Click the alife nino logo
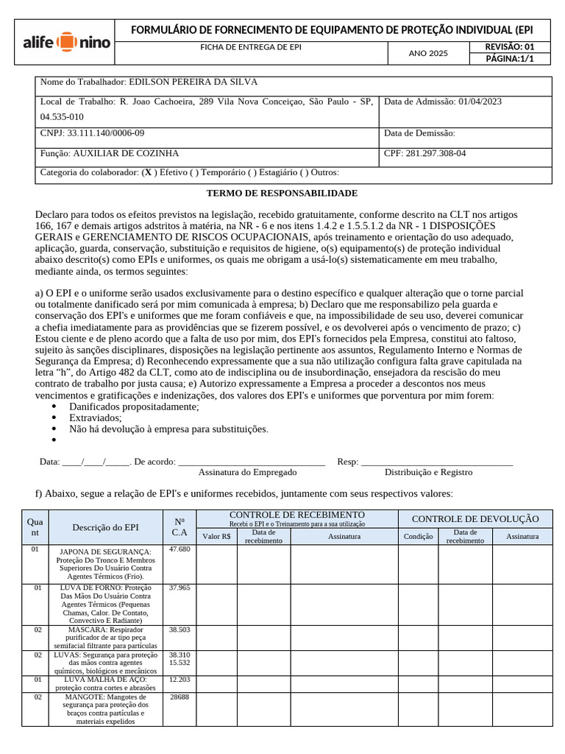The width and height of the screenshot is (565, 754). (x=65, y=42)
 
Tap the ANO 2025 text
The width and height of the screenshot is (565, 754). (x=427, y=53)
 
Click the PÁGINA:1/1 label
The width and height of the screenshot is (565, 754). (x=509, y=60)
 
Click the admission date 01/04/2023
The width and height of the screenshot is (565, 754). (x=479, y=102)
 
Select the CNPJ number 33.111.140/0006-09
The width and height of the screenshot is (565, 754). (x=106, y=133)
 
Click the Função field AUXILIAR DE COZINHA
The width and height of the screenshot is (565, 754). (x=124, y=154)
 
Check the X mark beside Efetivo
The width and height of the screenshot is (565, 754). (x=149, y=172)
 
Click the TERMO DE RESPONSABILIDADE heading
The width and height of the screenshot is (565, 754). (x=282, y=193)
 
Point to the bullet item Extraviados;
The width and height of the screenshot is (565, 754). (x=95, y=417)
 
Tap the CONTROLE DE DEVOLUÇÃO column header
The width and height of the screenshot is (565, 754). (x=475, y=519)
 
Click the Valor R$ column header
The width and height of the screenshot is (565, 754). (x=216, y=537)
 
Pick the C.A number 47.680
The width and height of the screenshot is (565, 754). (x=179, y=549)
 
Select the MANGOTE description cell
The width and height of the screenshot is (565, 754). (x=105, y=708)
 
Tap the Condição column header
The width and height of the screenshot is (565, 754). (x=418, y=537)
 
